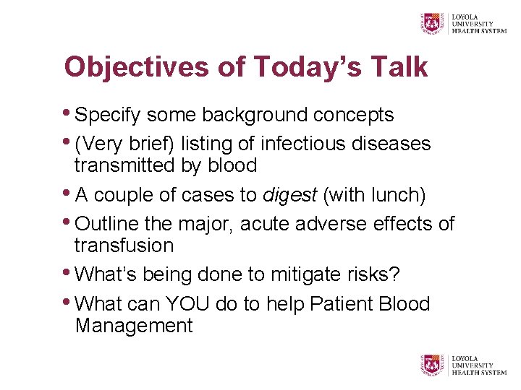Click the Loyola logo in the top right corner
tap(464, 22)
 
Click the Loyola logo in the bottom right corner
tap(464, 365)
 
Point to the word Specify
tap(110, 115)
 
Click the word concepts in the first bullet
tap(353, 115)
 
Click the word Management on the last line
tap(134, 326)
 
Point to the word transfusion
tap(124, 246)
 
